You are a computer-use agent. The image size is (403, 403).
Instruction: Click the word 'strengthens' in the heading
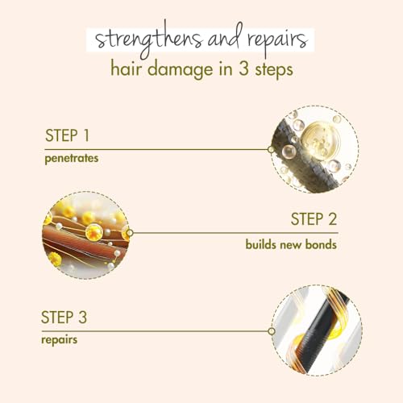coord(148,40)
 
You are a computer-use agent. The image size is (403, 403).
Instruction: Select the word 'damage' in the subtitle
coord(181,70)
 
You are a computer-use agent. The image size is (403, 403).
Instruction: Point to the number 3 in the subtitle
coord(243,69)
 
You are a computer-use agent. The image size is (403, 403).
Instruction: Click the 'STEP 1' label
coord(67,135)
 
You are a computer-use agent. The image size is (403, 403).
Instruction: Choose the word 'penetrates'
coord(72,159)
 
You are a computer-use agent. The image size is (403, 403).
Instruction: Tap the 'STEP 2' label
coord(314,219)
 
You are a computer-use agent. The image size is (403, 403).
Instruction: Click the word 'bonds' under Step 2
coord(321,244)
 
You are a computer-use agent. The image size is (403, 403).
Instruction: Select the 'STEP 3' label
coord(64,317)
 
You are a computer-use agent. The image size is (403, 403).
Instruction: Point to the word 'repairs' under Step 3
coord(60,340)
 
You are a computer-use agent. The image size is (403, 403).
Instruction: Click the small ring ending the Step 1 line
coord(271,149)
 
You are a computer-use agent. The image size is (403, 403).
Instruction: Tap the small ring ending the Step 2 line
coord(130,233)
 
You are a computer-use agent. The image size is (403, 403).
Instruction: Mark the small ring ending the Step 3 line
coord(272,331)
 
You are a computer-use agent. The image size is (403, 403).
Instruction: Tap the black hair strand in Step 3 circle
coord(320,333)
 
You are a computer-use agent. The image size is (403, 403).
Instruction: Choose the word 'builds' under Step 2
coord(260,244)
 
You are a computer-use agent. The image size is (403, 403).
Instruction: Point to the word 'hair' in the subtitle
coord(126,69)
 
